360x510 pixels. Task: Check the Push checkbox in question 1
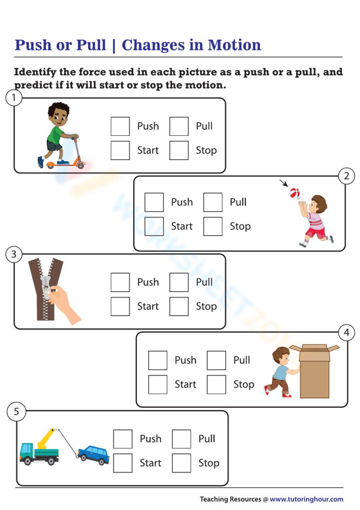(120, 126)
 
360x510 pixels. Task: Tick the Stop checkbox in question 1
(179, 150)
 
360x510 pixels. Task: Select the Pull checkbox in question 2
(213, 202)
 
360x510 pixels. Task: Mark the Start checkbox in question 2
(154, 226)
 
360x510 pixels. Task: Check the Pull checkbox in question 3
(179, 282)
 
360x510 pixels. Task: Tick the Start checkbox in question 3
(120, 306)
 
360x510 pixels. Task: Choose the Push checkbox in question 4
(158, 360)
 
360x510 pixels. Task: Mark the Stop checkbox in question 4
(217, 384)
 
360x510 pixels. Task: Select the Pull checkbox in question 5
(182, 439)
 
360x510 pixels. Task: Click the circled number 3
(14, 254)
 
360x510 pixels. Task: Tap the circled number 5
(16, 411)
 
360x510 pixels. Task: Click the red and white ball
(294, 193)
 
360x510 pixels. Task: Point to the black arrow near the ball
(283, 183)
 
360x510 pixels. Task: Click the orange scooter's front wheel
(80, 165)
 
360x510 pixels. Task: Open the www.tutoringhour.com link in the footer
(306, 499)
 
